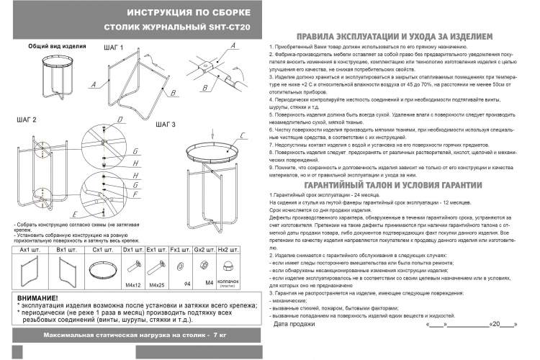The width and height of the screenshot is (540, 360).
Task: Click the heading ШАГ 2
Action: (x=25, y=118)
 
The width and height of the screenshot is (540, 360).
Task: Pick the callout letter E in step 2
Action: (x=75, y=214)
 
